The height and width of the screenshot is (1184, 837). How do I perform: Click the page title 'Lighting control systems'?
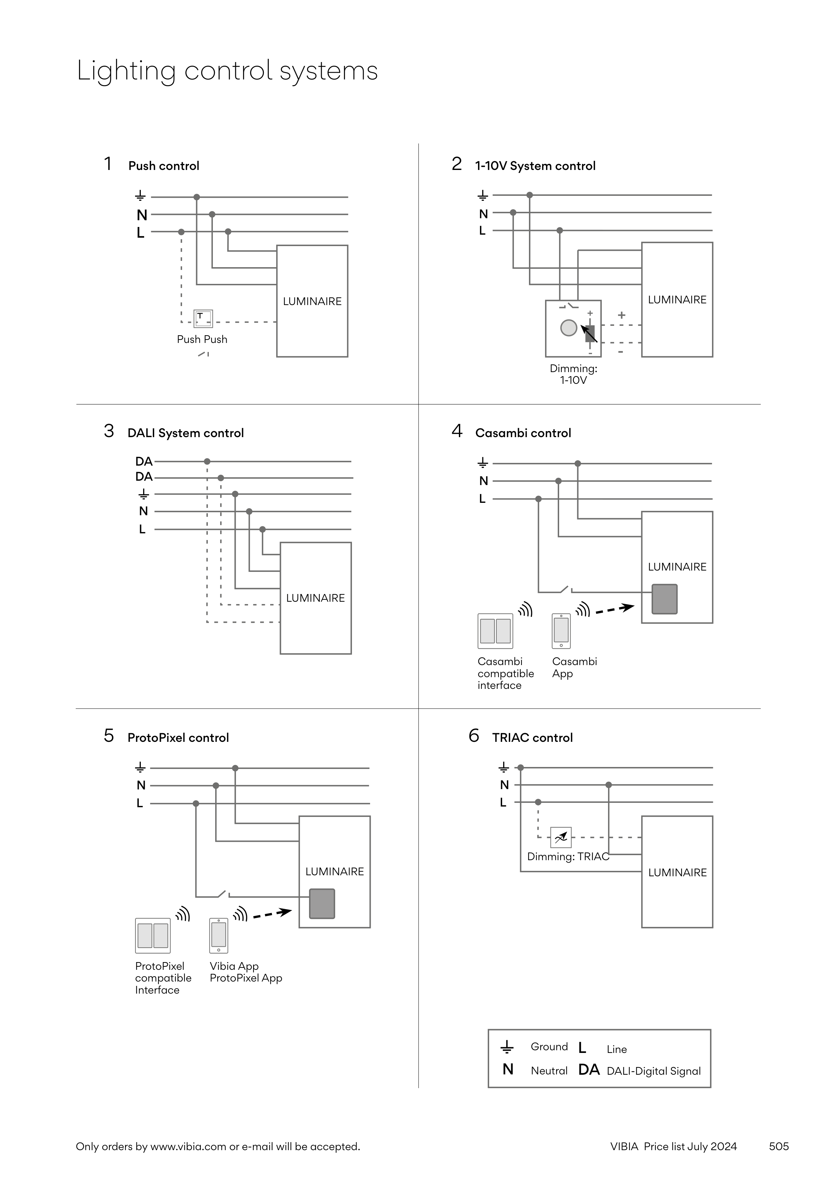click(227, 71)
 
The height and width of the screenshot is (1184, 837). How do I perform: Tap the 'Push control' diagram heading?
click(164, 166)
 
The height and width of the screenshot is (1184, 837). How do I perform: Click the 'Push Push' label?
click(202, 339)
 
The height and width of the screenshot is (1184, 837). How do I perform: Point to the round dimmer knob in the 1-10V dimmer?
click(568, 328)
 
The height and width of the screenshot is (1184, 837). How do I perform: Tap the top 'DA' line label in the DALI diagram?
click(144, 462)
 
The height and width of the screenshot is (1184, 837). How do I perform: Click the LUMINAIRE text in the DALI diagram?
click(315, 598)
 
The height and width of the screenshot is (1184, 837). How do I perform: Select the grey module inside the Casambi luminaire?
click(664, 599)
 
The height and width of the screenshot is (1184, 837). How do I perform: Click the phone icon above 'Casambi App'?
click(561, 631)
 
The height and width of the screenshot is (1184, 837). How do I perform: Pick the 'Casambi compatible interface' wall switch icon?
click(495, 631)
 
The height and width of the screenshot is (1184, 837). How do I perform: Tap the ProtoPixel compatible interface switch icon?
click(153, 936)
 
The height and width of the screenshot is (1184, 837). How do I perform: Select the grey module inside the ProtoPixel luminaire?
click(322, 903)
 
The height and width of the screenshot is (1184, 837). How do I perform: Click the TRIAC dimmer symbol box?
click(560, 837)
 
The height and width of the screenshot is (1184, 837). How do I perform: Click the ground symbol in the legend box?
click(507, 1047)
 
